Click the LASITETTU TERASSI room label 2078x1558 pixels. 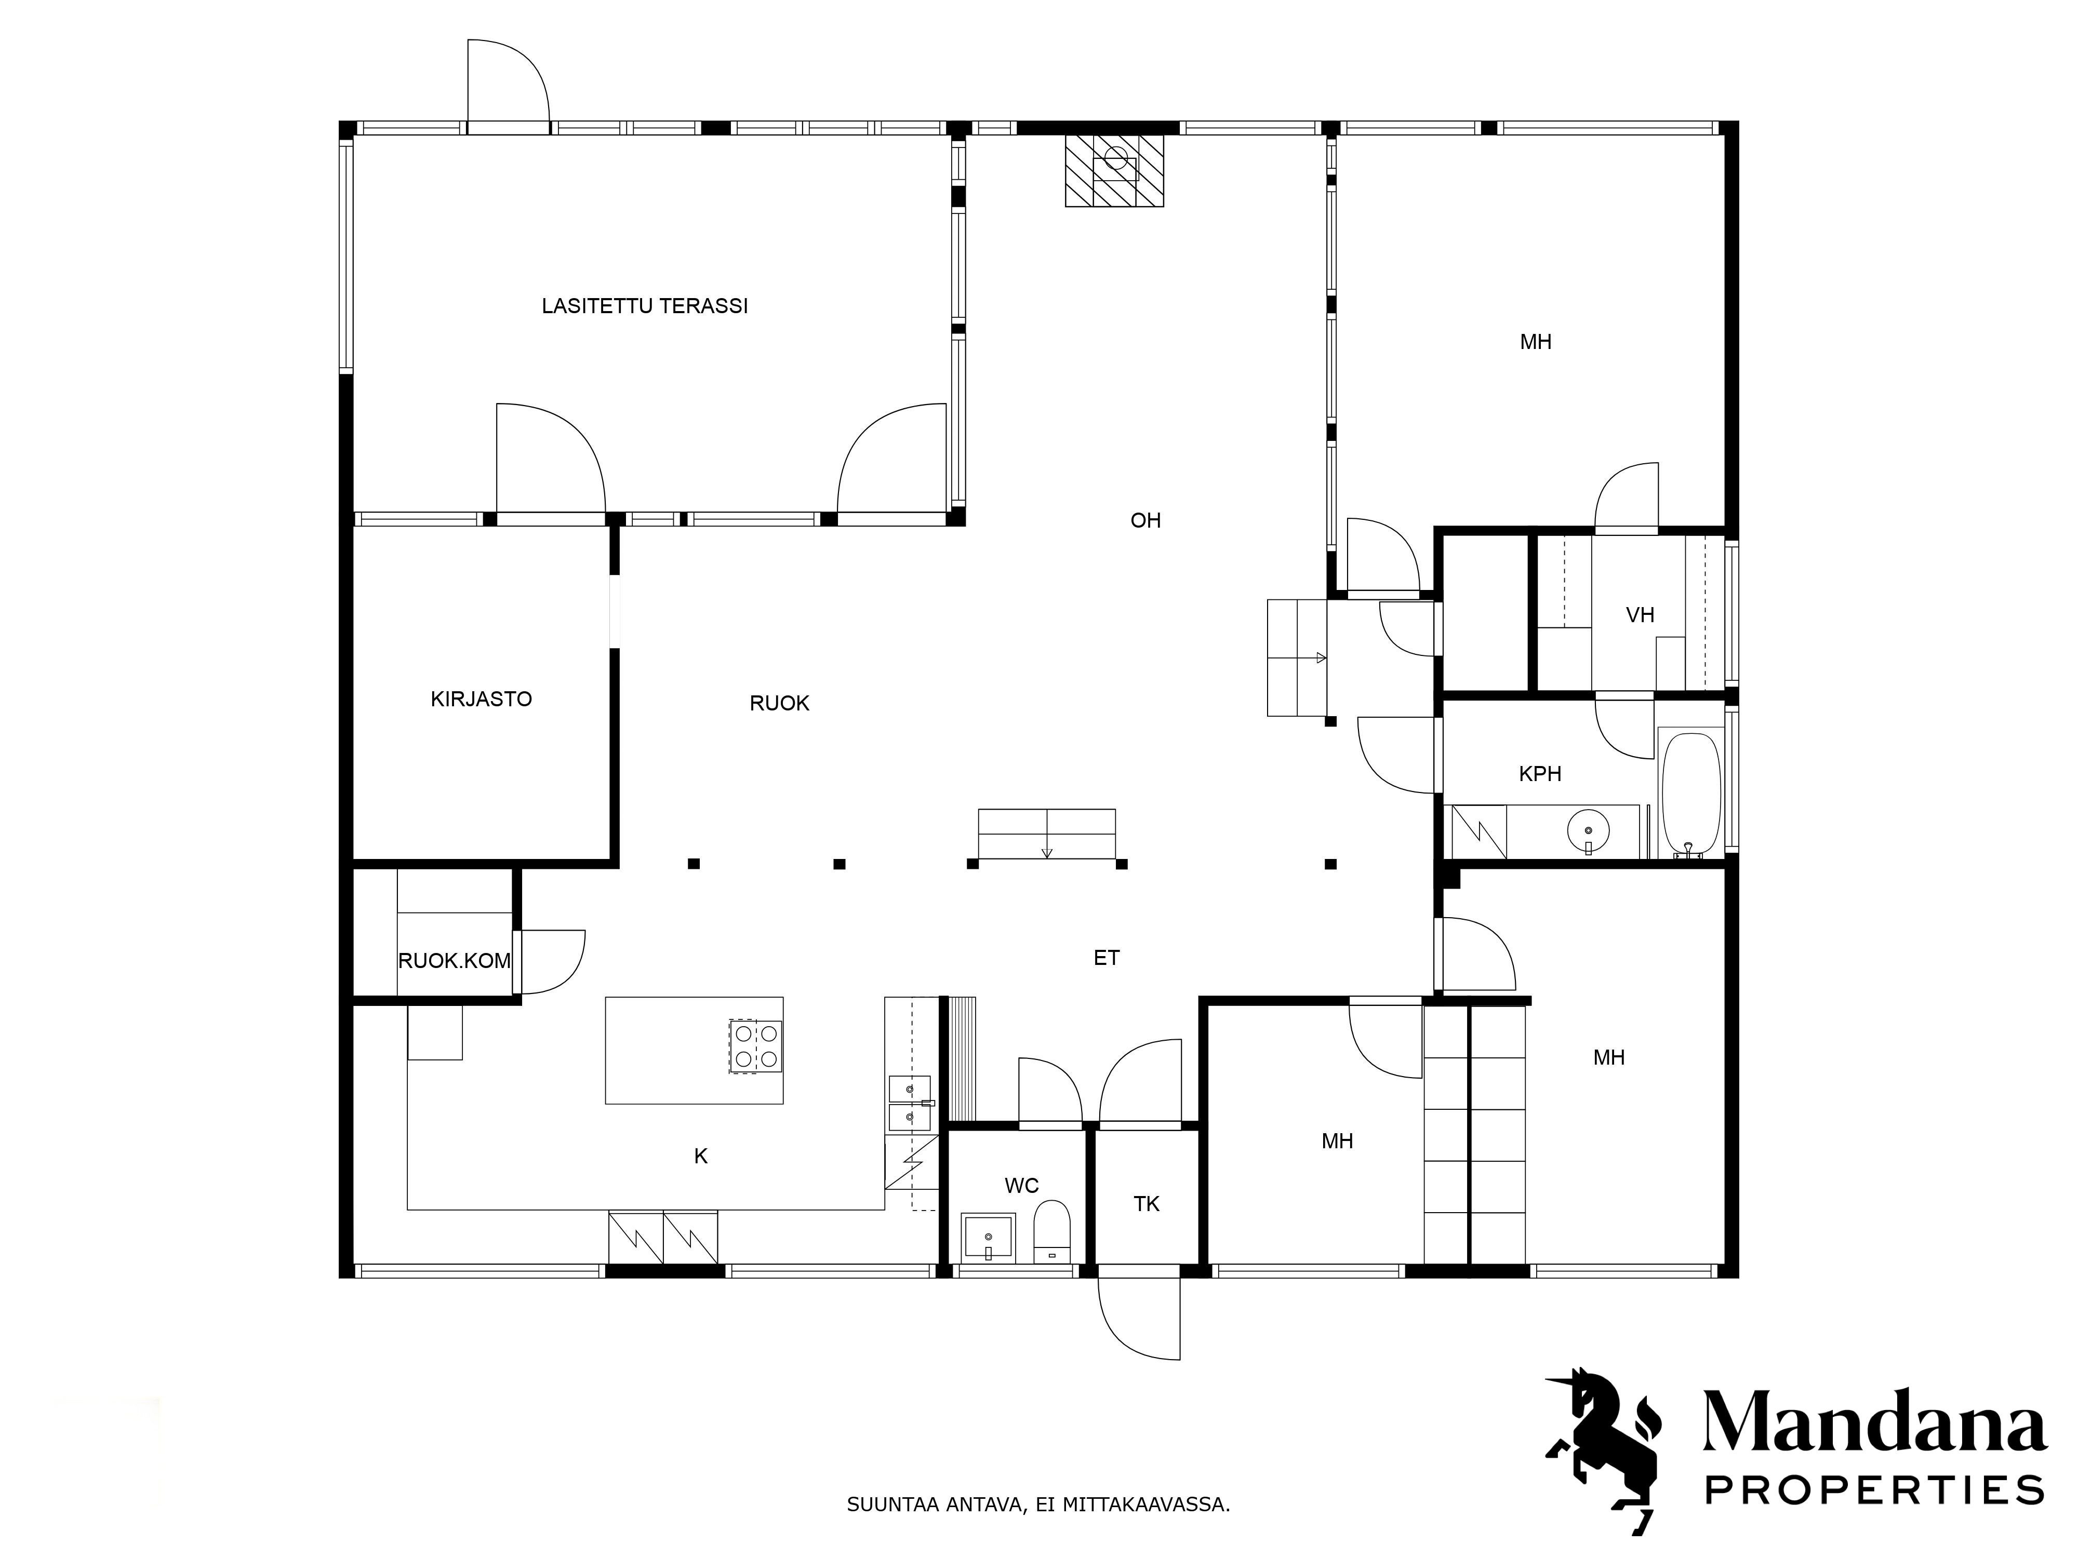645,306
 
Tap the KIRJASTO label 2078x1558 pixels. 481,699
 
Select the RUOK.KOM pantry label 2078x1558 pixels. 455,961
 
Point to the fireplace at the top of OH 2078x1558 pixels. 1113,170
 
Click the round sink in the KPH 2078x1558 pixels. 1588,831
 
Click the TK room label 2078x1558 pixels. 1146,1204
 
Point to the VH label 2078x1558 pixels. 1640,615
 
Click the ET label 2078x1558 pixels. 1107,958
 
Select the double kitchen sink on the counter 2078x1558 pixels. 909,1104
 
